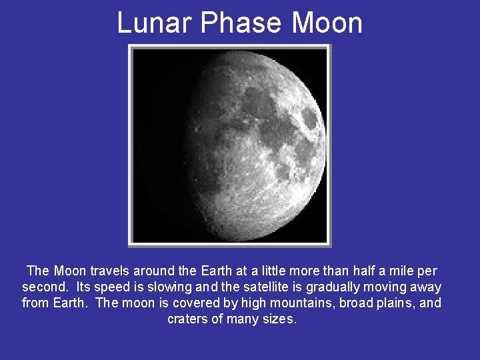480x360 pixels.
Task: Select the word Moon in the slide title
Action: [x=327, y=23]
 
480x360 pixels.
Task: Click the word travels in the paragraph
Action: [x=110, y=271]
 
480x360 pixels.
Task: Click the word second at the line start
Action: [x=45, y=287]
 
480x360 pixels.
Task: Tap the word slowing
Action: [x=167, y=287]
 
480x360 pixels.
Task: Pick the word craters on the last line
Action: [x=187, y=319]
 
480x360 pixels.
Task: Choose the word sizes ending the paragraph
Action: [x=280, y=319]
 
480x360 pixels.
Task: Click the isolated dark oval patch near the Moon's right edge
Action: [x=309, y=118]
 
